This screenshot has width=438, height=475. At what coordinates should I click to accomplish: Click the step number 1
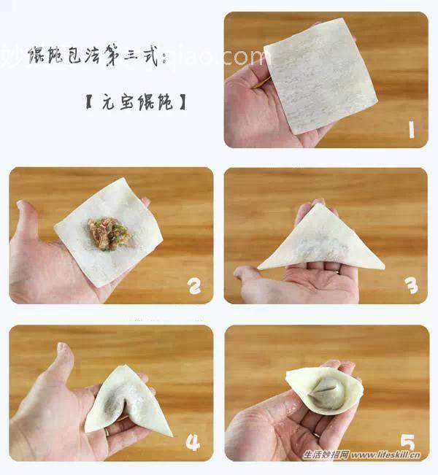(412, 130)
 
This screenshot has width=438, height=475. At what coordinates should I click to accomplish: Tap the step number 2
(194, 287)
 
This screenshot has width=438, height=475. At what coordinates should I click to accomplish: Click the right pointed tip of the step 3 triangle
(384, 268)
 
